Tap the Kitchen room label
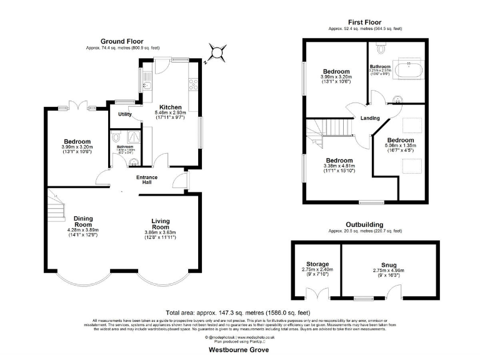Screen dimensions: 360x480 tap(170, 107)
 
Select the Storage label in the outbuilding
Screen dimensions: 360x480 tap(317, 264)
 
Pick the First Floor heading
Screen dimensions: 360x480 tap(366, 22)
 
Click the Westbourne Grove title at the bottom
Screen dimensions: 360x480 tap(239, 351)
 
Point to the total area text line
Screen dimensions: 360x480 tap(239, 312)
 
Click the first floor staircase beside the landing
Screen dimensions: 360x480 tap(331, 129)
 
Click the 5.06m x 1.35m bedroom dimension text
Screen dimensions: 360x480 tap(400, 147)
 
